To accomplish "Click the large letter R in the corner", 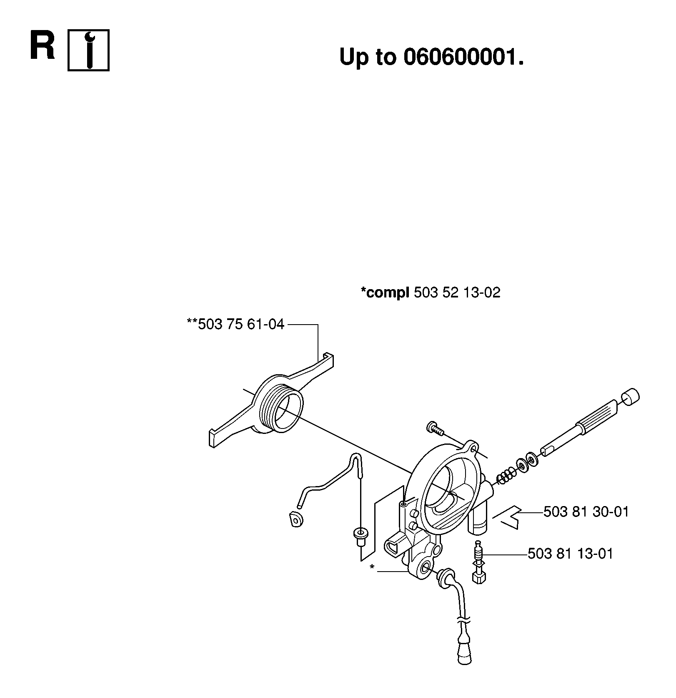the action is tap(43, 45).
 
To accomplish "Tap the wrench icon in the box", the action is tap(88, 50).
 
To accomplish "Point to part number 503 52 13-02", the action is tap(457, 292).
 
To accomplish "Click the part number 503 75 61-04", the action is tap(241, 324).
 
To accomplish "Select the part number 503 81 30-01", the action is tap(586, 512).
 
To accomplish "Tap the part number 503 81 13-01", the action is tap(570, 554).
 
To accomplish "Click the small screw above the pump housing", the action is tap(434, 428).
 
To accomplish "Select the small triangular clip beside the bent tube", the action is tap(295, 520).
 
